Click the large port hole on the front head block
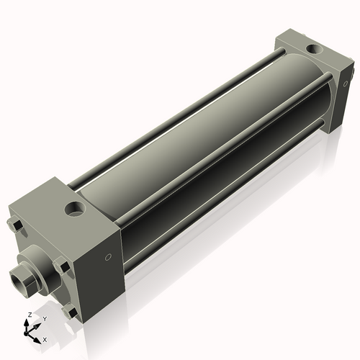[x=74, y=210]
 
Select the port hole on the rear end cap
[x=315, y=49]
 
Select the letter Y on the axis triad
[x=44, y=318]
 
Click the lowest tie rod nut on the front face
[x=69, y=312]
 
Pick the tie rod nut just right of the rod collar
[x=63, y=267]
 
